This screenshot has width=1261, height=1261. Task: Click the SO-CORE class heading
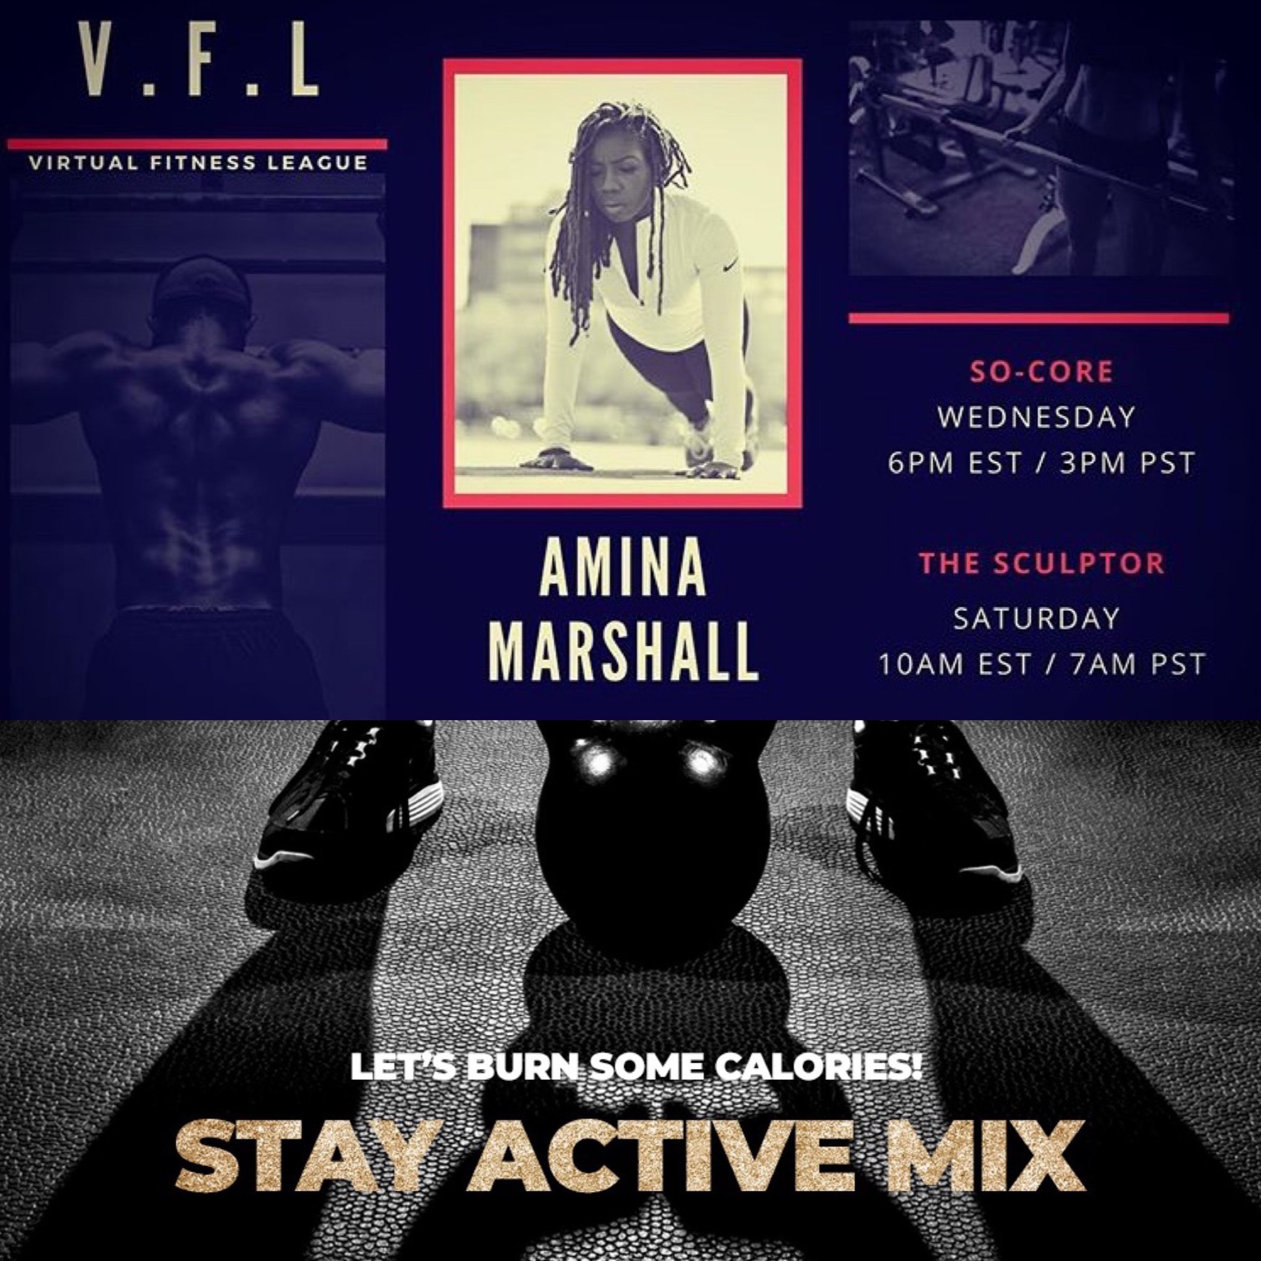(1042, 372)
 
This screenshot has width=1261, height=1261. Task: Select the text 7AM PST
(1138, 665)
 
